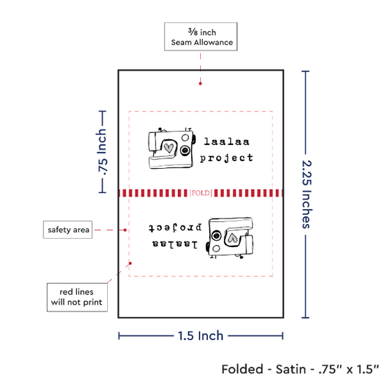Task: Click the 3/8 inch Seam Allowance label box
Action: pos(201,36)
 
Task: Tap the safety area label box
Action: pos(68,230)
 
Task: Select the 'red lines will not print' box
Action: pos(77,297)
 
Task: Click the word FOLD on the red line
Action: pos(201,193)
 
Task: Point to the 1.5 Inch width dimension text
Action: pos(201,335)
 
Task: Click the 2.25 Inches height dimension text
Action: pos(307,194)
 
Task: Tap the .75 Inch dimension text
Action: pos(101,152)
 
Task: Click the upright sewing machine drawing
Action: pos(172,148)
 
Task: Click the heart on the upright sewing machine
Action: pos(169,148)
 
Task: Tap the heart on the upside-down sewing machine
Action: pos(232,238)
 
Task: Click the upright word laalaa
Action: pos(227,141)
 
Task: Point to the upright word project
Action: pos(226,158)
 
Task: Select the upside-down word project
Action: pos(175,227)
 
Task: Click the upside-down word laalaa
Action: pos(175,244)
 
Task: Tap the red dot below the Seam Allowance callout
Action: pos(200,83)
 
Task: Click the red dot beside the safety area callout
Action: pos(125,230)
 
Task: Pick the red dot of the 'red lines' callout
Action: pos(130,263)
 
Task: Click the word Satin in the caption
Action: pos(290,370)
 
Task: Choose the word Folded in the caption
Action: pos(242,370)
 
